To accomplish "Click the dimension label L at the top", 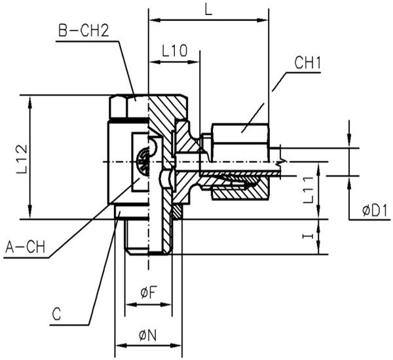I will tap(208, 9).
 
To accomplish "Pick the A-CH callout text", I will tap(25, 247).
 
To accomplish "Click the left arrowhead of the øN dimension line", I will tap(119, 345).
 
